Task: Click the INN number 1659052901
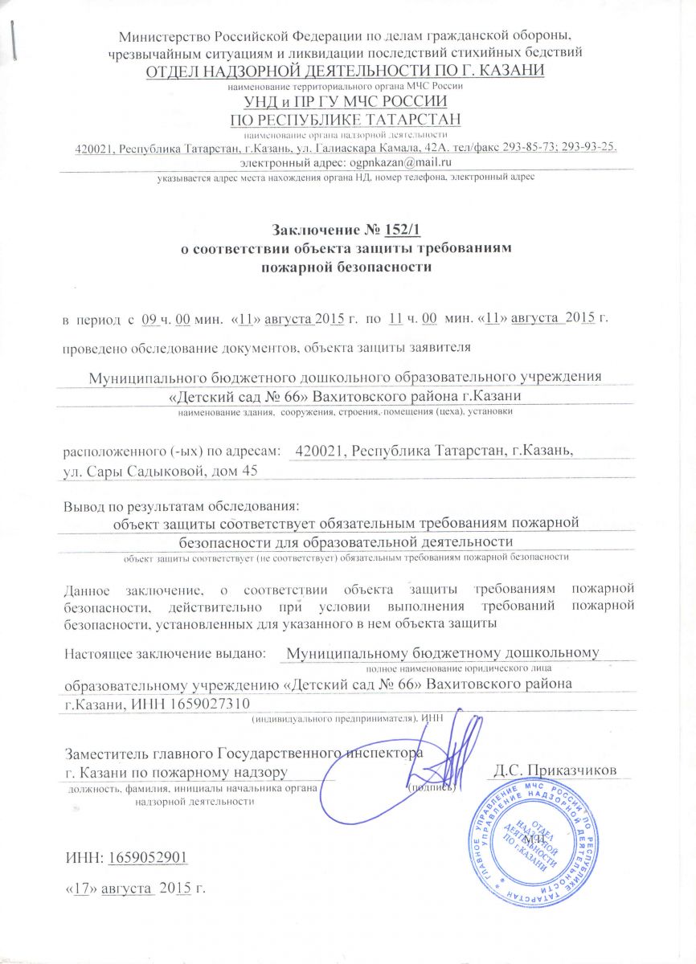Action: pyautogui.click(x=147, y=859)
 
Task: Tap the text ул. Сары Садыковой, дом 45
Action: pyautogui.click(x=161, y=471)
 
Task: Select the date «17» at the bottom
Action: pyautogui.click(x=78, y=889)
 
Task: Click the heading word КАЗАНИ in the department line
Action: pyautogui.click(x=513, y=71)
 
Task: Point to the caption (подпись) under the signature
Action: pyautogui.click(x=433, y=787)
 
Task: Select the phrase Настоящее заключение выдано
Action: pyautogui.click(x=164, y=653)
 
